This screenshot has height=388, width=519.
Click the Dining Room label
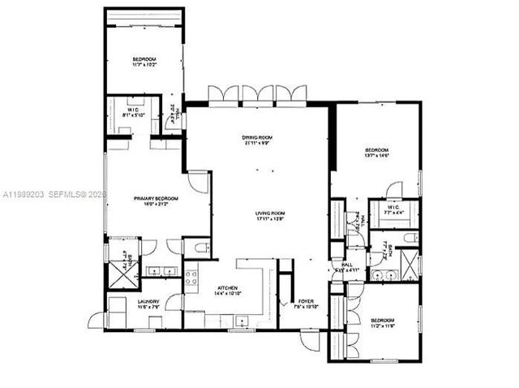pyautogui.click(x=257, y=138)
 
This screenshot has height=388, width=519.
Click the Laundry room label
pyautogui.click(x=148, y=301)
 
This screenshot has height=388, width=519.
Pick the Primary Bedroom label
pyautogui.click(x=156, y=198)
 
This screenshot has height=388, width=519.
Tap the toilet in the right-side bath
pyautogui.click(x=410, y=238)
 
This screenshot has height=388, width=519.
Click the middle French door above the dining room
pyautogui.click(x=258, y=94)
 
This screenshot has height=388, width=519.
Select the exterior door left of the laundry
pyautogui.click(x=97, y=320)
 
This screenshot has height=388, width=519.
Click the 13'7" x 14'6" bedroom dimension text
pyautogui.click(x=377, y=157)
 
